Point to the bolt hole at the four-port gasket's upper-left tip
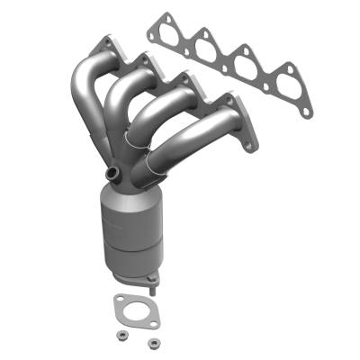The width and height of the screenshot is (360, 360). tap(162, 17)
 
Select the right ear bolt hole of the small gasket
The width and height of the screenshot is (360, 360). tap(152, 322)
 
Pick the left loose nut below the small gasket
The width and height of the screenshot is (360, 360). tap(119, 337)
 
